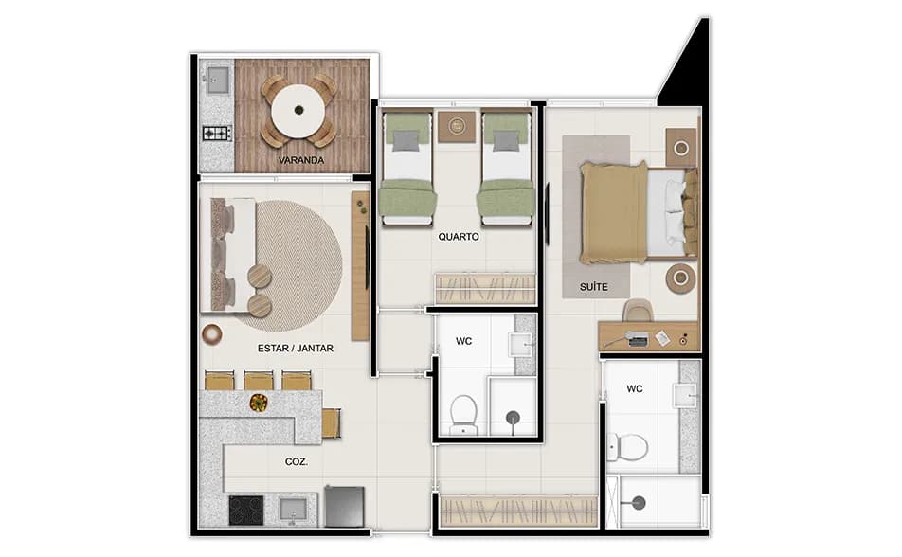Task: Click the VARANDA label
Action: click(x=301, y=160)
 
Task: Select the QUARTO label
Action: click(x=458, y=237)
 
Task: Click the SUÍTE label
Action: click(x=593, y=286)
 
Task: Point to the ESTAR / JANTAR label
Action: click(x=295, y=348)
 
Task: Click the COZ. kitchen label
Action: click(x=296, y=463)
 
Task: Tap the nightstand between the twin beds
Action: click(x=458, y=125)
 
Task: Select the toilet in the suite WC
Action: click(x=626, y=445)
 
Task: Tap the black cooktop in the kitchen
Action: click(x=246, y=510)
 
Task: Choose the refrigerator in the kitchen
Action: click(x=344, y=506)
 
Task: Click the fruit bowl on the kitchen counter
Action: click(x=258, y=403)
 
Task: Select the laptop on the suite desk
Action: click(x=638, y=338)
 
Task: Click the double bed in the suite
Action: click(x=637, y=211)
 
